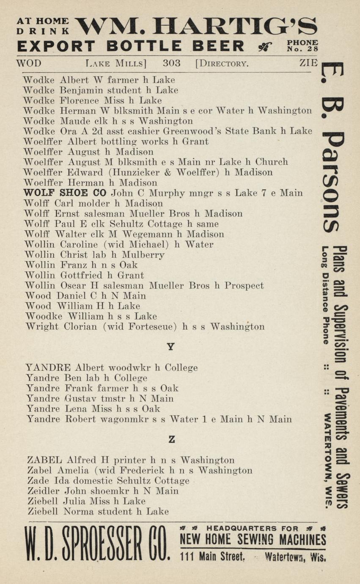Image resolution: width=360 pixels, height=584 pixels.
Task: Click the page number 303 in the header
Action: click(x=171, y=64)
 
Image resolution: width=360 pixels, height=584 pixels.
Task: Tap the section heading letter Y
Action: click(x=170, y=347)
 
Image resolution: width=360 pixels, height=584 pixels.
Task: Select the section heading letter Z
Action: click(x=171, y=440)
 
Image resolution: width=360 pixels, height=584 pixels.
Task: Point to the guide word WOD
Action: click(x=29, y=64)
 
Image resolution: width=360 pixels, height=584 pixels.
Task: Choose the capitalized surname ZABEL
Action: click(x=44, y=460)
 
